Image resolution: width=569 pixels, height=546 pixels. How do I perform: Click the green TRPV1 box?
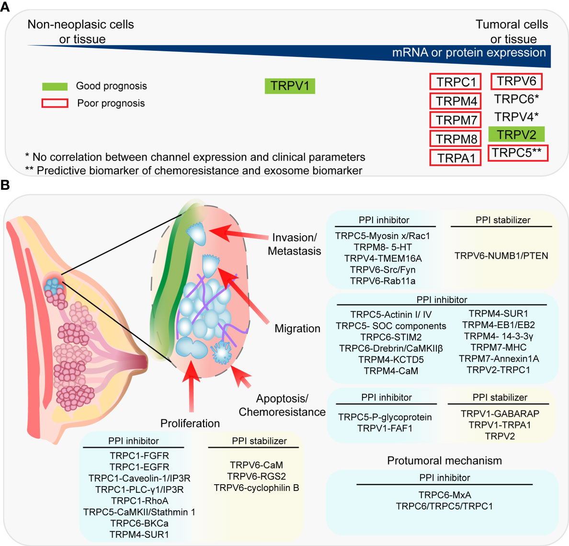click(x=290, y=86)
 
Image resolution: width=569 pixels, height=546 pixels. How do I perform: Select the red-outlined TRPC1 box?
click(x=455, y=82)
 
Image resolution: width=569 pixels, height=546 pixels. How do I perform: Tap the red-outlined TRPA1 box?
click(x=455, y=158)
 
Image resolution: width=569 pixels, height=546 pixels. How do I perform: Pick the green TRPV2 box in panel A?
click(x=516, y=135)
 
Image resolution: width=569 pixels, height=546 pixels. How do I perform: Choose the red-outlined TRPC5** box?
click(x=517, y=153)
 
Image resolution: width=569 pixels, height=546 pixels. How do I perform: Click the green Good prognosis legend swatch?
click(x=55, y=87)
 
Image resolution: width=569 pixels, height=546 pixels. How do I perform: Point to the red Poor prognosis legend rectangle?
click(x=55, y=103)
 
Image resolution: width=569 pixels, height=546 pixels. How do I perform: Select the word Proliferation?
click(x=190, y=423)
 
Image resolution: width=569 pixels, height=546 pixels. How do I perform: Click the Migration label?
click(x=297, y=329)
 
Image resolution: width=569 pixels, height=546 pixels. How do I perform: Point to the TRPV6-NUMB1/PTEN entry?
click(x=501, y=256)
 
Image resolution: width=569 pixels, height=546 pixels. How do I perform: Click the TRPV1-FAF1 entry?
click(x=385, y=428)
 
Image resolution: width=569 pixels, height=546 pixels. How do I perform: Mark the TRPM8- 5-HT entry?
click(x=383, y=247)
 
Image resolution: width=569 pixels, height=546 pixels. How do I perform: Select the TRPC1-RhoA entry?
click(x=139, y=500)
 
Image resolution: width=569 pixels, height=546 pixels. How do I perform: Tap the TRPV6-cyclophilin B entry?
click(x=256, y=488)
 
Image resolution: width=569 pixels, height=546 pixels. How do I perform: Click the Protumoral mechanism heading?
click(x=444, y=461)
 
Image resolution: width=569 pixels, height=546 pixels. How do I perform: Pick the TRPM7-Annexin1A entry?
click(x=499, y=359)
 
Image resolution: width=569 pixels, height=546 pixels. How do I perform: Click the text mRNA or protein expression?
click(x=469, y=53)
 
